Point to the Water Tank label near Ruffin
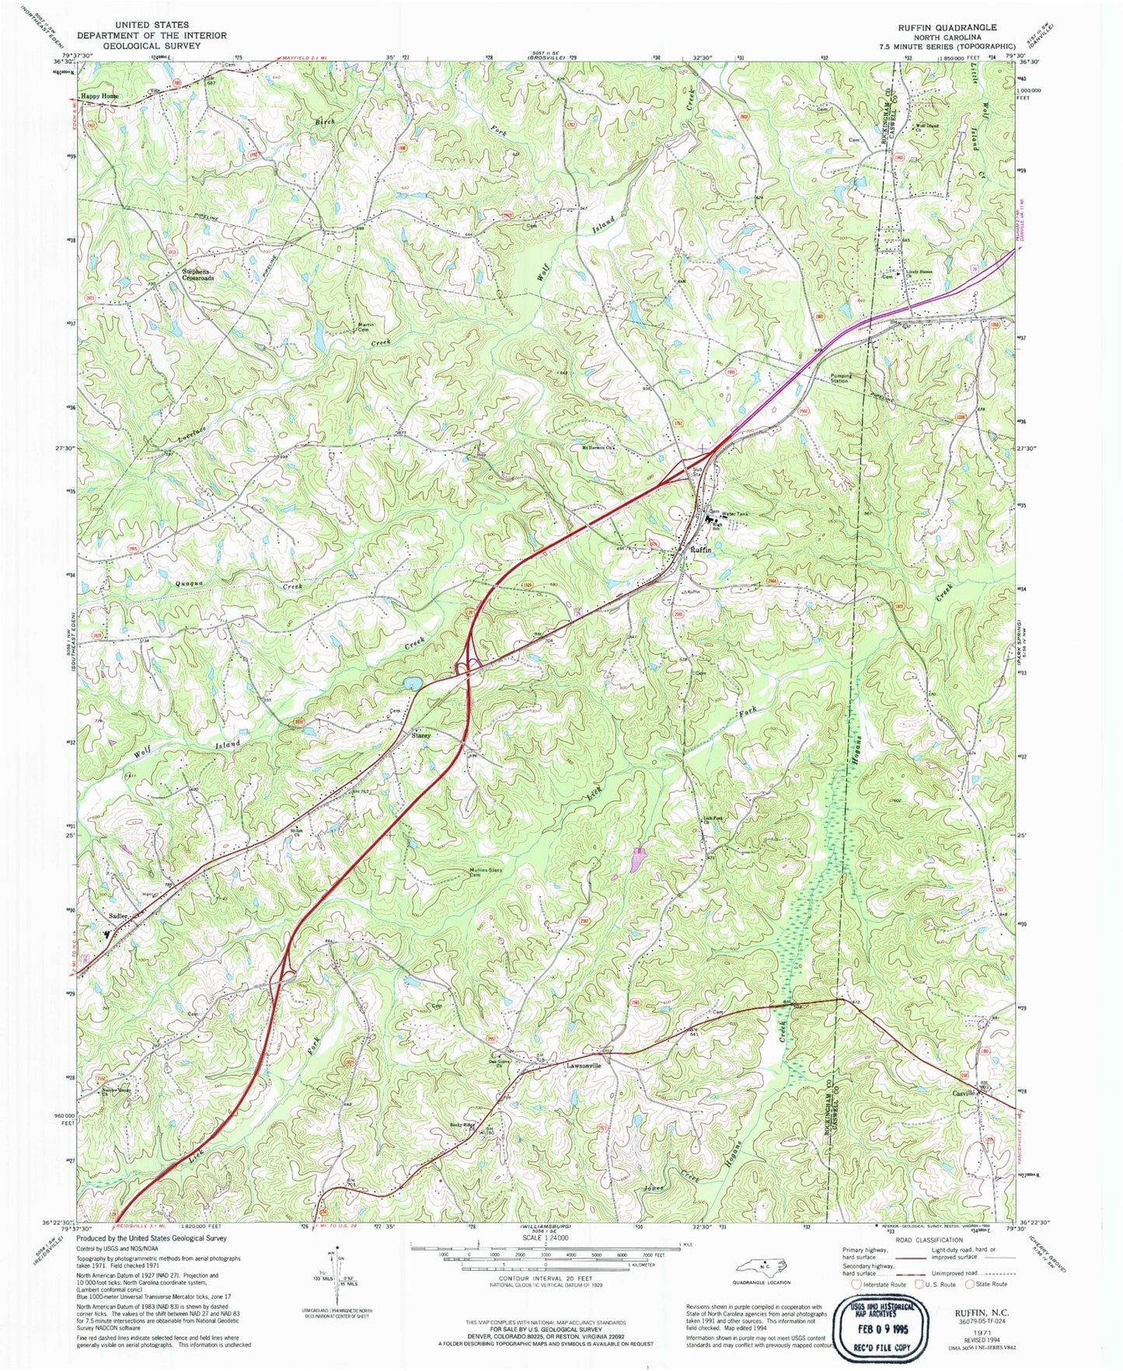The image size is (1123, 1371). (738, 513)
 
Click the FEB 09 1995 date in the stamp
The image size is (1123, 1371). (882, 1329)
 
